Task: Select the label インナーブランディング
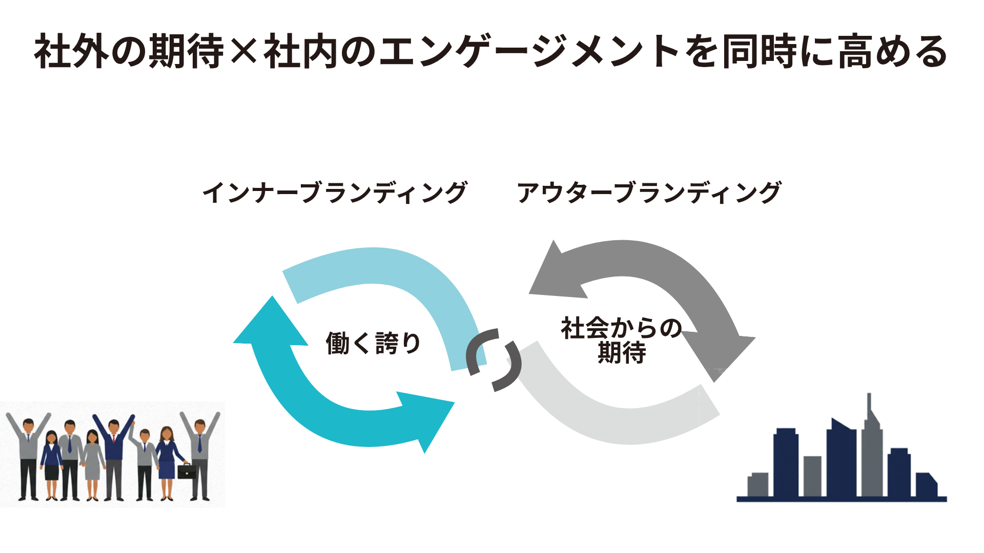[x=335, y=193]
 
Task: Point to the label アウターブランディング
[x=649, y=193]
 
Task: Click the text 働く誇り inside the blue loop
[x=373, y=343]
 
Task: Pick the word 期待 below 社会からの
[x=622, y=353]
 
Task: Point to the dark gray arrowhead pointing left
[x=556, y=274]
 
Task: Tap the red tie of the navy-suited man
[x=114, y=438]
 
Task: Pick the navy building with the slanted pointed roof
[x=841, y=458]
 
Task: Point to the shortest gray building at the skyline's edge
[x=758, y=484]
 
